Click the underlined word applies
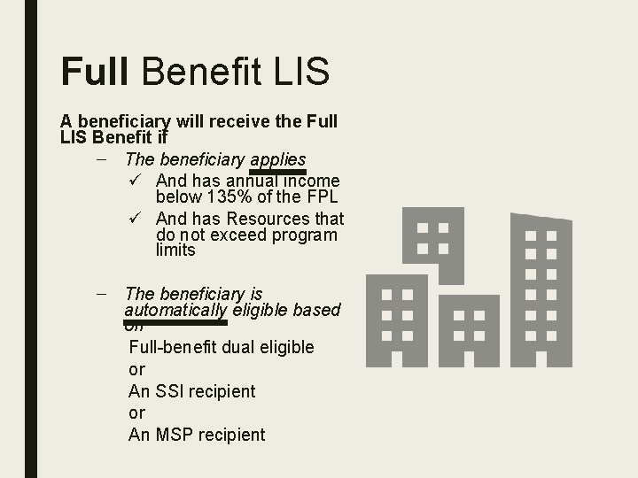click(277, 159)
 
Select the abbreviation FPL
click(322, 197)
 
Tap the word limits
click(175, 251)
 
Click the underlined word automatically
click(175, 310)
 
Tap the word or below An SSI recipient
click(136, 413)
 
